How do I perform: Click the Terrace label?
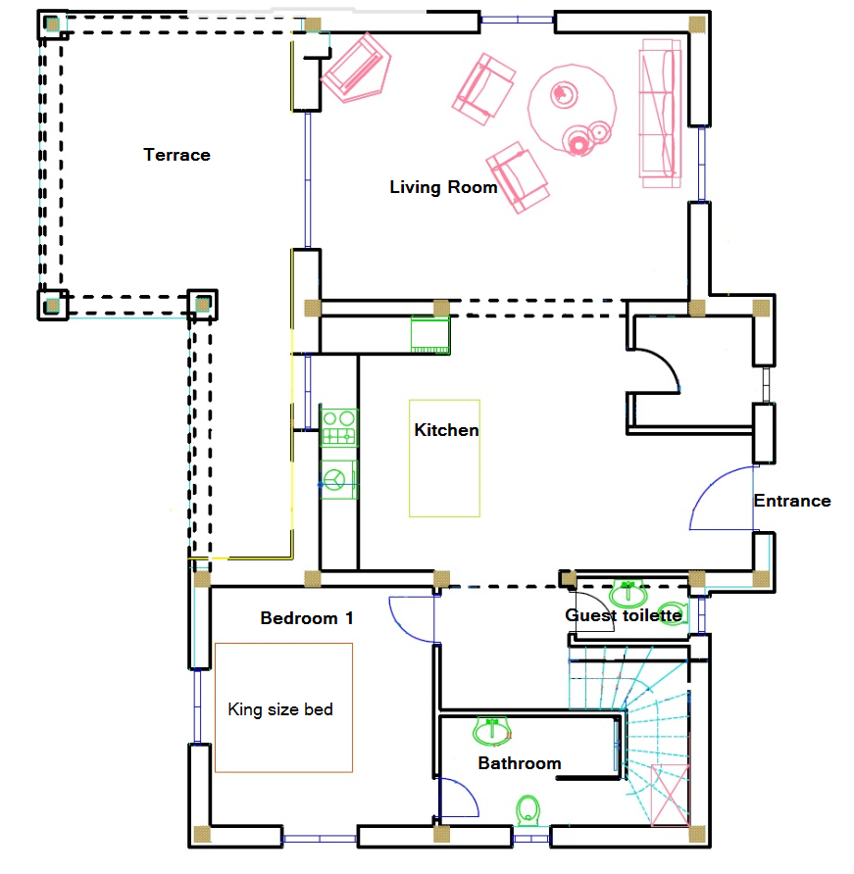(x=176, y=155)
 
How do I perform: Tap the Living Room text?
(x=443, y=187)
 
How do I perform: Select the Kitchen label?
(x=446, y=430)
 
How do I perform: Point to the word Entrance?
(x=792, y=501)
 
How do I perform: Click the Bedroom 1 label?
(x=307, y=618)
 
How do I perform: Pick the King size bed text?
(x=280, y=709)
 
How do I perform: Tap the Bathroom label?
(x=520, y=763)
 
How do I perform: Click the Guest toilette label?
(x=623, y=615)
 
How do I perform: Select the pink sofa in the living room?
(x=661, y=113)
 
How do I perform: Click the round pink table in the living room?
(x=573, y=108)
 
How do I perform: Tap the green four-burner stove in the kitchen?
(x=339, y=427)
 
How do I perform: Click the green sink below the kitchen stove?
(x=338, y=479)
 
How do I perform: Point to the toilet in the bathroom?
(x=527, y=810)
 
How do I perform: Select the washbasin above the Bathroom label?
(x=492, y=730)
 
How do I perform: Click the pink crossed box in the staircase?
(x=670, y=796)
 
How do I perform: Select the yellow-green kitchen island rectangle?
(x=444, y=459)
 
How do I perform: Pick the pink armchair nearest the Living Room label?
(x=517, y=177)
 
